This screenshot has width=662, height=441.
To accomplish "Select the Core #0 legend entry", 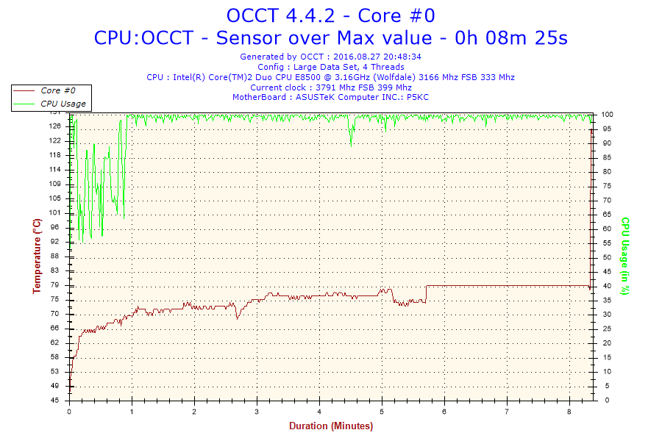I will point(56,90).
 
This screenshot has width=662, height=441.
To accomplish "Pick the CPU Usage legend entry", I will point(63,104).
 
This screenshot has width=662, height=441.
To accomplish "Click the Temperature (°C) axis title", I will point(36,257).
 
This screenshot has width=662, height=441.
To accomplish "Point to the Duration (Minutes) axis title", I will point(330,426).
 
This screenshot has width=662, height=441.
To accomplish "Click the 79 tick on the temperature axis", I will point(55,285).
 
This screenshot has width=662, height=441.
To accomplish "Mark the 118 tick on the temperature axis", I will point(55,155).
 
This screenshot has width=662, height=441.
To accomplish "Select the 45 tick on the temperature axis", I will point(55,401).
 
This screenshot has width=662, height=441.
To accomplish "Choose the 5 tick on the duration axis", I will point(382,412).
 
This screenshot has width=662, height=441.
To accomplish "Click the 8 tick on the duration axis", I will point(569,412).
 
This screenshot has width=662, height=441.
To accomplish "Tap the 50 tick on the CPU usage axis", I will point(606,257).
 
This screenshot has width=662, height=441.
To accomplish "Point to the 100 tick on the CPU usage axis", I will point(608,115).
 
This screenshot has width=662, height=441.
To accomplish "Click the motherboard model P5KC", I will point(418,97).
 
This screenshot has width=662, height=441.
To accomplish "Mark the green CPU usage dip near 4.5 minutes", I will point(351,140).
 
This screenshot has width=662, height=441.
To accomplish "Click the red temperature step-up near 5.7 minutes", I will point(426,293).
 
